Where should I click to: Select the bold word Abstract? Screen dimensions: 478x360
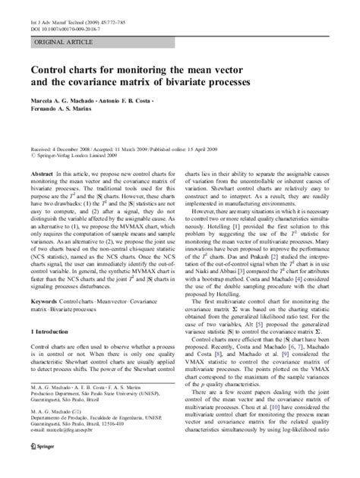tap(41, 174)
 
